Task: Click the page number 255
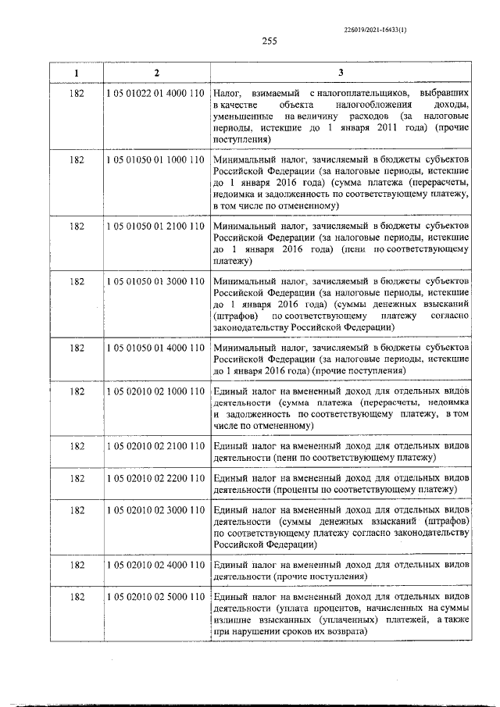click(x=270, y=41)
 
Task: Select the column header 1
click(x=77, y=73)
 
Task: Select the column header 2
click(x=156, y=73)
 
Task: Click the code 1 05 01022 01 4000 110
click(x=155, y=93)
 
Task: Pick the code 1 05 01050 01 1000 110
click(x=155, y=159)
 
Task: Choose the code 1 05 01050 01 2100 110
click(x=155, y=226)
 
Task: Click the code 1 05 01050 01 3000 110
click(x=155, y=280)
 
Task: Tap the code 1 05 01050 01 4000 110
click(x=155, y=346)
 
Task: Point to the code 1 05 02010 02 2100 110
click(x=155, y=445)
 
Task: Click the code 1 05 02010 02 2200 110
click(x=155, y=477)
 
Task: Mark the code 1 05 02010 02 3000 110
click(x=155, y=510)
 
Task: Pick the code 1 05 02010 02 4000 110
click(x=155, y=565)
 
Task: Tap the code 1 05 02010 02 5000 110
click(x=155, y=598)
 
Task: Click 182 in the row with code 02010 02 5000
click(x=77, y=598)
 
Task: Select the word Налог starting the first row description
click(x=227, y=93)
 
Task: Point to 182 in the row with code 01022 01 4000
click(x=77, y=93)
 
